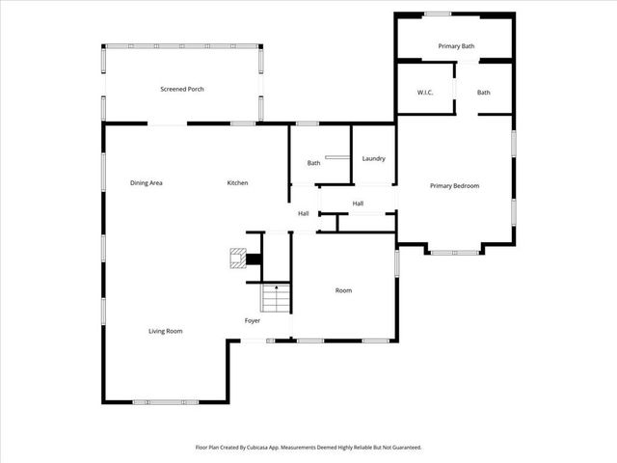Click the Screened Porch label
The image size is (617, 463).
[181, 90]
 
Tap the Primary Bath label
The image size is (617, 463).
[456, 46]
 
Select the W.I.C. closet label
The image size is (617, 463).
[424, 93]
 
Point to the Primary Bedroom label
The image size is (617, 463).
[454, 186]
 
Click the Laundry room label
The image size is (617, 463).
[374, 158]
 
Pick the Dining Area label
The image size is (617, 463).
[147, 183]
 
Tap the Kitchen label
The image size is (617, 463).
[237, 183]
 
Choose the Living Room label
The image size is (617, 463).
[165, 331]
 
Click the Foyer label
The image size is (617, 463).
[252, 320]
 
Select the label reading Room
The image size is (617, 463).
[343, 290]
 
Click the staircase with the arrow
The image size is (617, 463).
[276, 298]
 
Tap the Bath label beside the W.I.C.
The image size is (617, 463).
[483, 93]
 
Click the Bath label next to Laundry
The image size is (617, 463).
[313, 163]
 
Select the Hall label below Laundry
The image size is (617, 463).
[358, 204]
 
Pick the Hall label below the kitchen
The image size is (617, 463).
[303, 213]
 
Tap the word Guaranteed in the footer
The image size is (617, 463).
[403, 448]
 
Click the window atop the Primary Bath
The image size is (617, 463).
[439, 14]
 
